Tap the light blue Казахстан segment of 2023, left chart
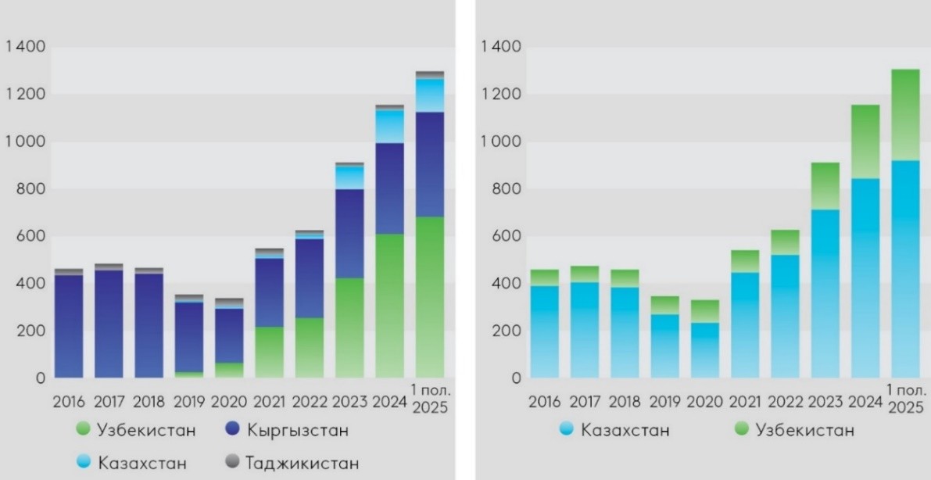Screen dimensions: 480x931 click(x=349, y=177)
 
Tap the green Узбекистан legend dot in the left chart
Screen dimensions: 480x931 click(x=84, y=430)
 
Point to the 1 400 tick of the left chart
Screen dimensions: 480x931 click(x=25, y=48)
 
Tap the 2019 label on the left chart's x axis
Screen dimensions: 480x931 click(x=189, y=403)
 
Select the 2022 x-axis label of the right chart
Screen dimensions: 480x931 click(x=786, y=403)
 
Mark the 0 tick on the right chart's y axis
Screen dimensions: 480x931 click(x=516, y=378)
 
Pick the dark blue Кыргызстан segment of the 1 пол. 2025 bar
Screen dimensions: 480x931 click(x=429, y=164)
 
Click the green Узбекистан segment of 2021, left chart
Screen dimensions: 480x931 click(x=269, y=352)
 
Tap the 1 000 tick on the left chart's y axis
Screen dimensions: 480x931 click(x=25, y=142)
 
